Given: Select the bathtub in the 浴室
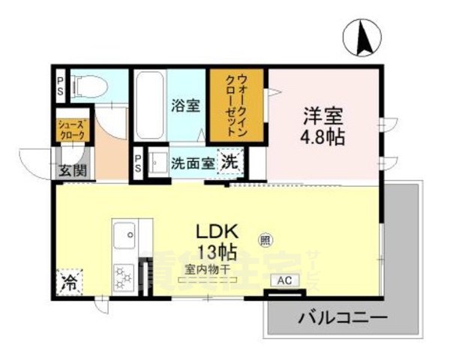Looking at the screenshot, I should pos(148,105).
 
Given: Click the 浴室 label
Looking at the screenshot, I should pos(184,106).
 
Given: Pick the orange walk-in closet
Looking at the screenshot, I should pos(237,105).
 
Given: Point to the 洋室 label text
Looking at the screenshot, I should pos(323,117).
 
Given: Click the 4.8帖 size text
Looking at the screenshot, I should pos(323,138).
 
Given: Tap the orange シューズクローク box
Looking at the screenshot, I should pos(71,130).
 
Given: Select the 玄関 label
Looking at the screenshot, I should pos(73,170).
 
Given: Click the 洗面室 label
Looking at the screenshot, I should pos(193,162).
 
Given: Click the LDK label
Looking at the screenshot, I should pos(217,231).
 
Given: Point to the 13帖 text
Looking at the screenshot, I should pos(217,250).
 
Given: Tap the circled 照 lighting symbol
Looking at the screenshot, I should pos(265,240).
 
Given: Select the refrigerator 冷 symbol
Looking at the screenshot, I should pos(68,283).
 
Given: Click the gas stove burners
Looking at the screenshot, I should pos(122,277).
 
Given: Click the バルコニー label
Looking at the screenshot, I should pos(343,318).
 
